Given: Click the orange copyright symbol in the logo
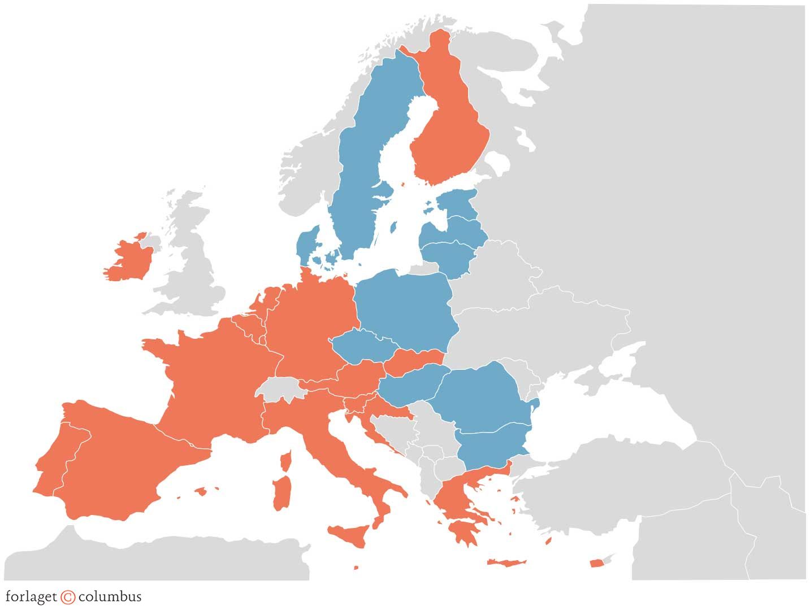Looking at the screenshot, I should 68,597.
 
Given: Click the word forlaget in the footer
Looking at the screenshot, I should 31,597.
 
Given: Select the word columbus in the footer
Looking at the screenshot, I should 110,596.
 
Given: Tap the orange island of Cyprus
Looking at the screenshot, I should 596,563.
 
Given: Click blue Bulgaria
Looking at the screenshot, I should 492,446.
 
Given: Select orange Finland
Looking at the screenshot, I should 449,136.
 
